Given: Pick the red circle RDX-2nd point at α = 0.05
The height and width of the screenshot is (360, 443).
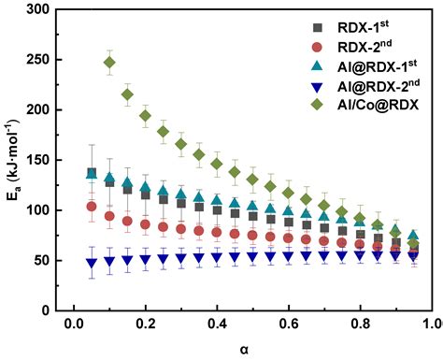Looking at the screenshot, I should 92,207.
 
